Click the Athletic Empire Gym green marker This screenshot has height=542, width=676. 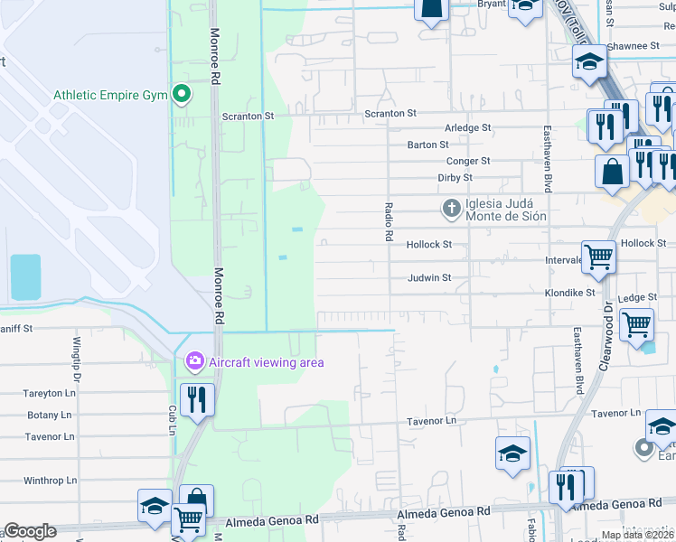tap(182, 94)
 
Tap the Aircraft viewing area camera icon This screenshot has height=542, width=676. tap(193, 362)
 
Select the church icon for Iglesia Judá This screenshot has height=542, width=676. tap(450, 209)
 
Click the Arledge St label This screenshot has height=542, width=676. tap(467, 128)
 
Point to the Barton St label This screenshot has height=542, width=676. tap(427, 145)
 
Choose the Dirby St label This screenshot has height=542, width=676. tap(454, 178)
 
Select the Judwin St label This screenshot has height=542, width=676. tap(428, 278)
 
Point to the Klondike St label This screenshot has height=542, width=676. tap(570, 294)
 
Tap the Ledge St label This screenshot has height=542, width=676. tap(638, 296)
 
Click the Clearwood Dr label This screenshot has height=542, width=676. tap(606, 335)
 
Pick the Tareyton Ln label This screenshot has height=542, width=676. tap(50, 393)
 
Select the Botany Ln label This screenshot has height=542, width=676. tap(50, 415)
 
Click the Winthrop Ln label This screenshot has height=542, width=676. tap(50, 481)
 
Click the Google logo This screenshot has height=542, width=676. tap(30, 531)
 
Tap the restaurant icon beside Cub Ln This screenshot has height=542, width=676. tap(197, 399)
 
